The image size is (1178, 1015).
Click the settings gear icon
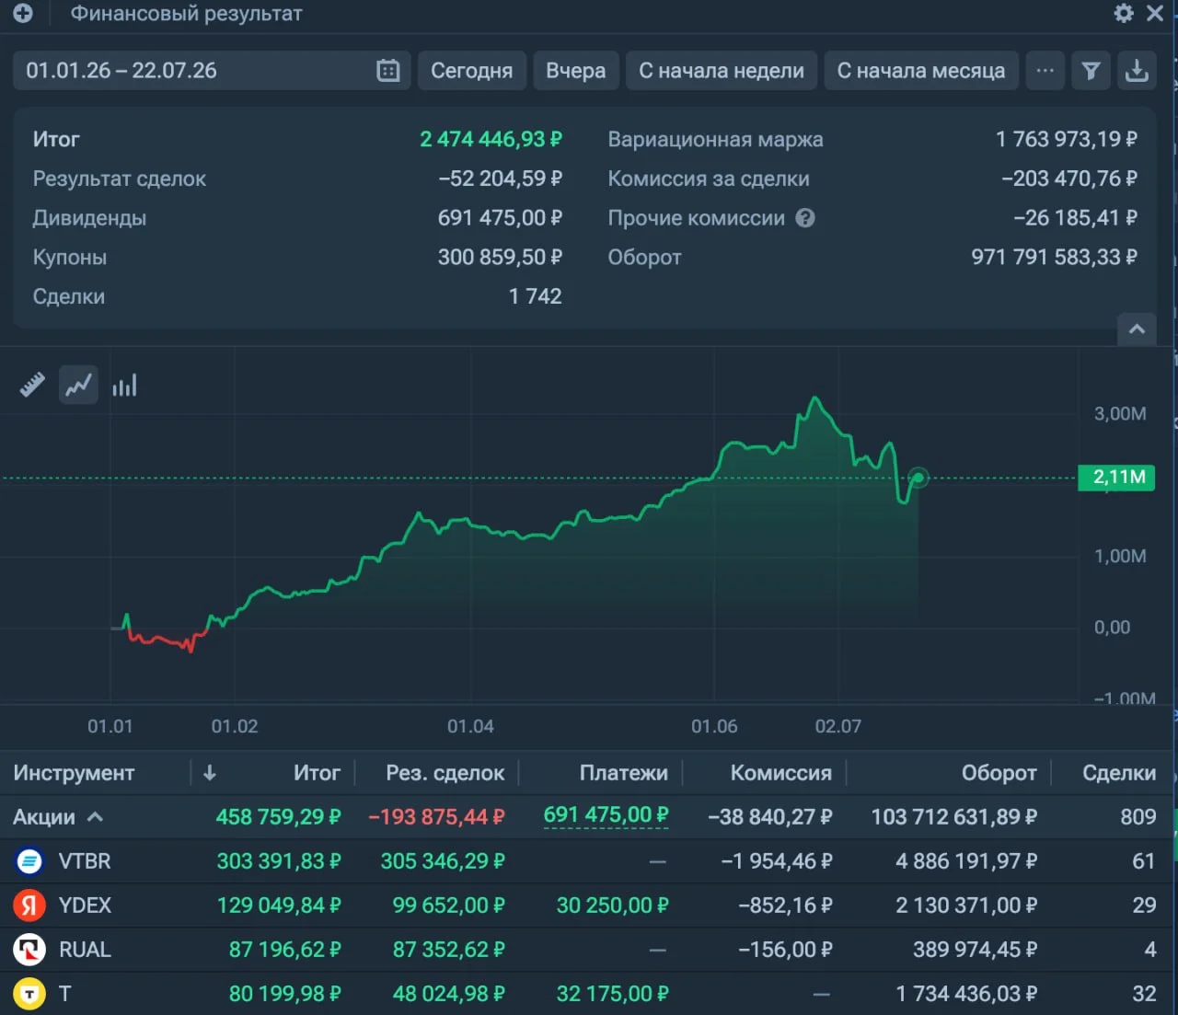click(1124, 13)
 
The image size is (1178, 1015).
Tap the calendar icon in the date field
click(388, 71)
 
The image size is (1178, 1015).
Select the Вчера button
click(575, 71)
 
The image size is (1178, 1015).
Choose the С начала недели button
click(721, 71)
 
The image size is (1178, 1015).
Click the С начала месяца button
click(921, 71)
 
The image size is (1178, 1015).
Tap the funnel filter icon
click(1091, 71)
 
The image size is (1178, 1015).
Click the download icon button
click(1137, 71)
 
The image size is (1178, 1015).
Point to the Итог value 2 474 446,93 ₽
click(491, 139)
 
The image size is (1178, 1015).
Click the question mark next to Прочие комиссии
click(804, 218)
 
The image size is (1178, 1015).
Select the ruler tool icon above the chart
click(32, 385)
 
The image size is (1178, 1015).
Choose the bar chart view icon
click(124, 385)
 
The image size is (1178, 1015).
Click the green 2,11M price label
click(1116, 477)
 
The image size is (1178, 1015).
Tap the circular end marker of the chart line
click(918, 478)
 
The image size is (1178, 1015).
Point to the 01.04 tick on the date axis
click(470, 726)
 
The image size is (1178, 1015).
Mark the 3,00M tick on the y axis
click(1119, 413)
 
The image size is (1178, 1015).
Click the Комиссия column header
click(780, 773)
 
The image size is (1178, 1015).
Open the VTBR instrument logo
click(29, 860)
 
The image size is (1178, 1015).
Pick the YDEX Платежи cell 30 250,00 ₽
click(612, 905)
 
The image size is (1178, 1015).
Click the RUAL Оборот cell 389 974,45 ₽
click(975, 950)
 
